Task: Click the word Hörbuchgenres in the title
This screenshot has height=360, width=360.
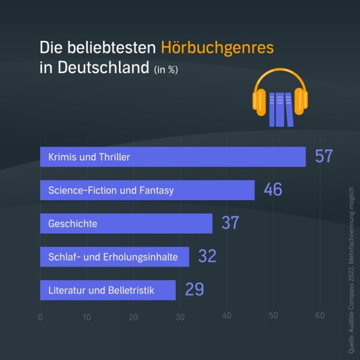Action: tap(217, 48)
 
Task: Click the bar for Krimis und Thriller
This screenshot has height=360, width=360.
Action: tap(173, 157)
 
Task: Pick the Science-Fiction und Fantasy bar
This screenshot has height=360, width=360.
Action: tap(147, 190)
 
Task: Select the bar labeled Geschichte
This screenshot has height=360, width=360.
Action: tap(126, 223)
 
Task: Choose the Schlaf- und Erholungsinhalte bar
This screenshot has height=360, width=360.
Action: tap(114, 257)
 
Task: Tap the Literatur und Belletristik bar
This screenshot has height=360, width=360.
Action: tap(107, 290)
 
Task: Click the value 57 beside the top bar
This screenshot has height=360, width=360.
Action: tap(324, 157)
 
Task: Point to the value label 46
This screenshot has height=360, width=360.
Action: tap(273, 190)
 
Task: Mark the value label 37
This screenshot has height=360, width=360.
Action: tap(231, 223)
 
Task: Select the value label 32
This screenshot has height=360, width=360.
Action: tap(207, 256)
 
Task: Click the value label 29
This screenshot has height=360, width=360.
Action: tap(194, 290)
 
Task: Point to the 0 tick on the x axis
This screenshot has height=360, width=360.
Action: tap(40, 317)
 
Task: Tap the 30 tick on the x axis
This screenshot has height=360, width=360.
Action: tap(180, 317)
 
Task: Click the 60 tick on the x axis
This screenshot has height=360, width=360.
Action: tap(319, 315)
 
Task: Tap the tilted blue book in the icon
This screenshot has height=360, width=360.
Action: tap(289, 109)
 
